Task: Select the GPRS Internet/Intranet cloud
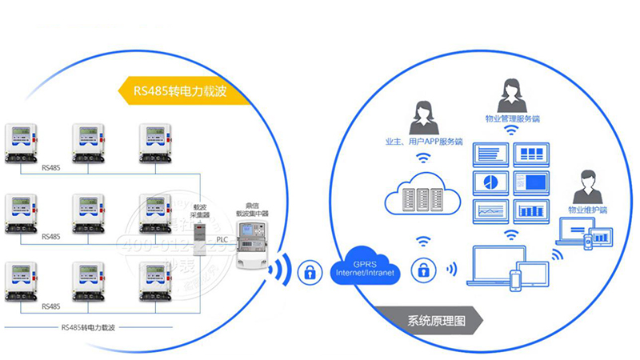(x=364, y=269)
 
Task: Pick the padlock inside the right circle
(x=420, y=269)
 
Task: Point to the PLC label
(x=222, y=239)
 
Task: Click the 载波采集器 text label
(x=201, y=210)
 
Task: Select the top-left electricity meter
(x=23, y=143)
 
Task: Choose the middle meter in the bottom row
(x=90, y=281)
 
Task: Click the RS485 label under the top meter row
(x=50, y=169)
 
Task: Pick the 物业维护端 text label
(x=587, y=210)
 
